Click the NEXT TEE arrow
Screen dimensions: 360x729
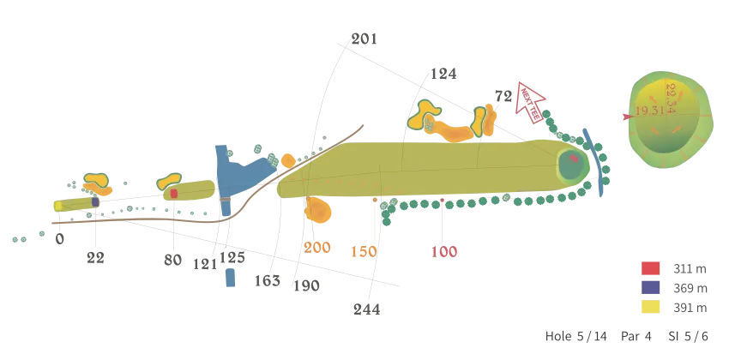coord(530,99)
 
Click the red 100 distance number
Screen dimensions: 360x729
coord(444,251)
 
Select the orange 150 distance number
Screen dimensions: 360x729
coord(364,251)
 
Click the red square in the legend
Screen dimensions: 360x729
coord(650,268)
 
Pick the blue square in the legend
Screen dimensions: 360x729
coord(650,288)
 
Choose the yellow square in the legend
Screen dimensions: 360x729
coord(650,308)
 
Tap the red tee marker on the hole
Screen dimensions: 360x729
coord(174,195)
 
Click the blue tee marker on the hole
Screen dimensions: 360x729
coord(95,202)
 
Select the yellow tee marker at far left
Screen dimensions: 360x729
coord(58,206)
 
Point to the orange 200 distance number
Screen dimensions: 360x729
coord(317,247)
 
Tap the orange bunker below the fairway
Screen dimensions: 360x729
coord(318,211)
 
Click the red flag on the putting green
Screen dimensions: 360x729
coord(573,159)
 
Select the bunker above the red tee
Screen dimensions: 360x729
coord(170,181)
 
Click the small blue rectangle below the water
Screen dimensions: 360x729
coord(228,278)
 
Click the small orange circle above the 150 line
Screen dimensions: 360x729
coord(375,199)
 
